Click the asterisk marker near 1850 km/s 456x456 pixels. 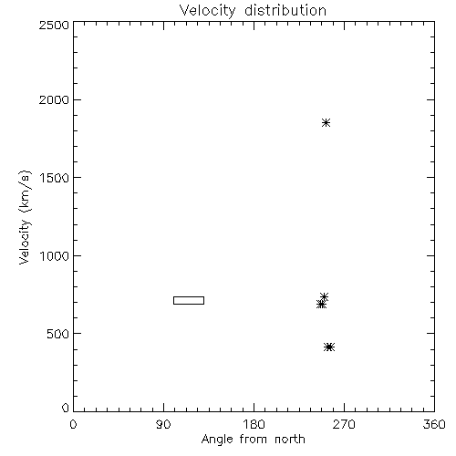pos(326,123)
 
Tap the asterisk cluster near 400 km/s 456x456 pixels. pos(329,347)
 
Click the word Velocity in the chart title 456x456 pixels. pos(207,11)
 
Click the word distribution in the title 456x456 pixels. pos(285,10)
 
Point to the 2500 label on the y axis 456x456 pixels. pos(54,25)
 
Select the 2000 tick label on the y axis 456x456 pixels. pos(54,99)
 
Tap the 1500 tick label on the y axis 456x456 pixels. pos(55,178)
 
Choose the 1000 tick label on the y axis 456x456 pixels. pos(55,255)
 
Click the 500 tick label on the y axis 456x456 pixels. pos(58,334)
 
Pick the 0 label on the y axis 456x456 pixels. pos(66,408)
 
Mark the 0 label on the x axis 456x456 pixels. pos(73,424)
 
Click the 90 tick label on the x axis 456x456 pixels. pos(163,424)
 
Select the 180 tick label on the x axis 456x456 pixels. pos(254,424)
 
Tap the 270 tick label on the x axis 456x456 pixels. pos(344,424)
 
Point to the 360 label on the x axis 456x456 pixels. pos(434,424)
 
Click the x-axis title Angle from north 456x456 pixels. pos(254,440)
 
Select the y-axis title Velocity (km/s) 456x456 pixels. pos(25,217)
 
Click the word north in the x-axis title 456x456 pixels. pos(290,440)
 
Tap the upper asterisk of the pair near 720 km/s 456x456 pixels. pos(324,297)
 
